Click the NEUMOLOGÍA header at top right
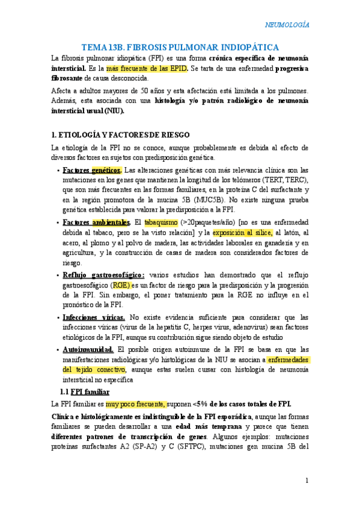[287, 25]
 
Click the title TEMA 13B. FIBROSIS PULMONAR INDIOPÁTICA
[180, 47]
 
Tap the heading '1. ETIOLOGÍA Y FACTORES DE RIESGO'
[121, 134]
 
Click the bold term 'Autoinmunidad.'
[88, 349]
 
